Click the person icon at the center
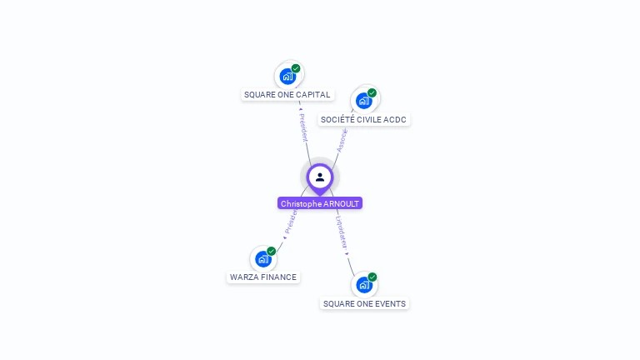(320, 177)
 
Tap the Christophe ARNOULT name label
(320, 203)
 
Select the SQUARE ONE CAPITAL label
(287, 95)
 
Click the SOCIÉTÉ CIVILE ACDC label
(364, 120)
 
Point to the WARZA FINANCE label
(263, 277)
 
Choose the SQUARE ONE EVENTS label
(364, 303)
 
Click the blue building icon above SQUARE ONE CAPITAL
(287, 77)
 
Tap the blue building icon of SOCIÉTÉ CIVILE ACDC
(363, 101)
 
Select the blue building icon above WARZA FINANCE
(263, 259)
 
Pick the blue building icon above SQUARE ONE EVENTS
(363, 285)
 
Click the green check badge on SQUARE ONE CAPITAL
(296, 68)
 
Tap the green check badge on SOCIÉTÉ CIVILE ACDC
(372, 92)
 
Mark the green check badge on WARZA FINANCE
(271, 251)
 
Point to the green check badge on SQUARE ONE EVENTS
(372, 277)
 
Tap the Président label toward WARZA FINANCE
(290, 222)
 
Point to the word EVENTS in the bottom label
(391, 303)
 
